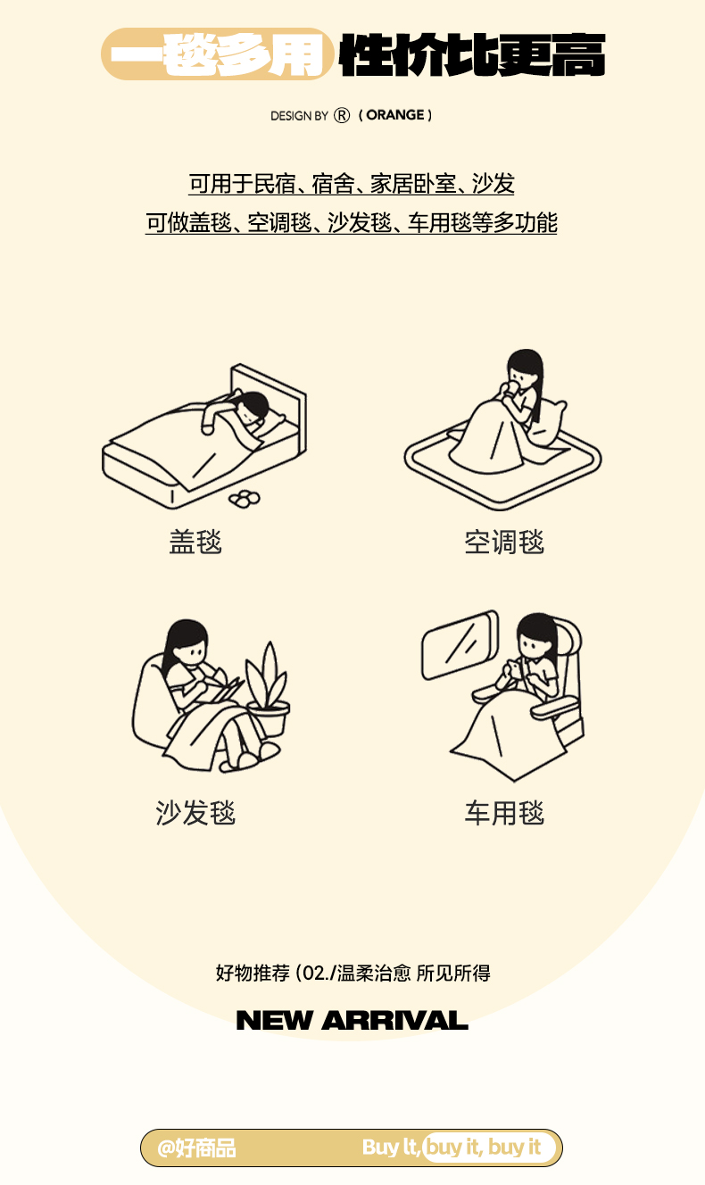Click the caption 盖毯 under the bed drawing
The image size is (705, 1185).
click(195, 542)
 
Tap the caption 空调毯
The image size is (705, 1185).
click(504, 542)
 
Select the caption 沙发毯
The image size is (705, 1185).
click(195, 813)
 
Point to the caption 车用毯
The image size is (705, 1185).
click(504, 813)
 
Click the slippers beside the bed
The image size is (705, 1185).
click(245, 498)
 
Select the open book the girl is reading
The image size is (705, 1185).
click(225, 687)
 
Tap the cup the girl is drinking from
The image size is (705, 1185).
click(510, 389)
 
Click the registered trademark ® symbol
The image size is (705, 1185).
click(342, 115)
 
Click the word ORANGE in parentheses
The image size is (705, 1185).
click(395, 115)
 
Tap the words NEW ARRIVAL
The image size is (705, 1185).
click(352, 1021)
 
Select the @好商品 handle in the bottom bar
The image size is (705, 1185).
click(196, 1148)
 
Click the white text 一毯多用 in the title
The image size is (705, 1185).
click(218, 54)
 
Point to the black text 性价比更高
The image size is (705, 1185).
click(472, 54)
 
